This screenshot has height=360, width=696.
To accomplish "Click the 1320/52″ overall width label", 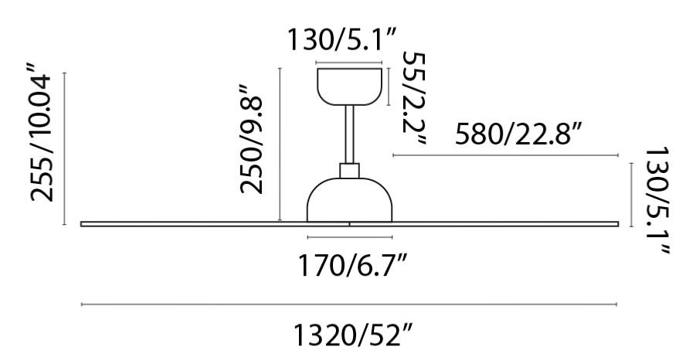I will [351, 337].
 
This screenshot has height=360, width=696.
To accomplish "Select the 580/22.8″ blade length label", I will [518, 134].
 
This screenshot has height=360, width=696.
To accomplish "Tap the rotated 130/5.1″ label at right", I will [656, 199].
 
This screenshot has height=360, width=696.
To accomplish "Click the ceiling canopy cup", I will [351, 85].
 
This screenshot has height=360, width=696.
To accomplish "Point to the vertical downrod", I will [350, 134].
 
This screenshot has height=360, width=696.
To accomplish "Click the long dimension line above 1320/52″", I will [351, 305].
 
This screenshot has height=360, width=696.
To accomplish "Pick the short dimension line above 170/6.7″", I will [351, 236].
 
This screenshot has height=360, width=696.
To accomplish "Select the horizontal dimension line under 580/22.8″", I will [506, 155].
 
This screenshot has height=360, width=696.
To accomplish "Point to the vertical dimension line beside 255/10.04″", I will [65, 148].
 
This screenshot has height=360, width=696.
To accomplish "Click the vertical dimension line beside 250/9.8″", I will [279, 144].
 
